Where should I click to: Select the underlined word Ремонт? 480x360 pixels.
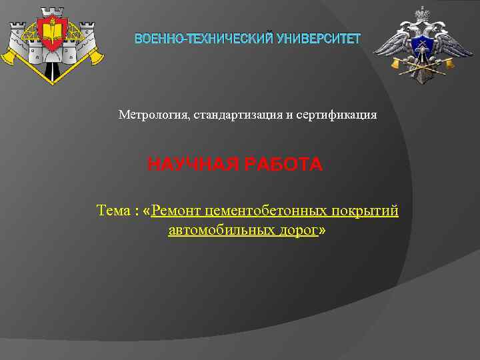point(177,211)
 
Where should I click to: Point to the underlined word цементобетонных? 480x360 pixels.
point(267,211)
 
